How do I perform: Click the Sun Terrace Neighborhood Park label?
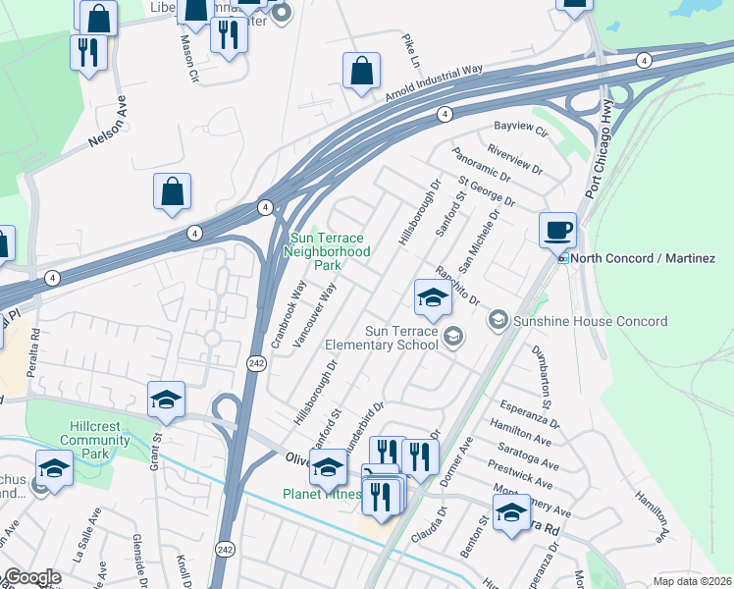pos(327,251)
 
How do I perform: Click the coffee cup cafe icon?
pos(557,231)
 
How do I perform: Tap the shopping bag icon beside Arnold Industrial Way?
pos(361,71)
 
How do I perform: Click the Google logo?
pos(31,578)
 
